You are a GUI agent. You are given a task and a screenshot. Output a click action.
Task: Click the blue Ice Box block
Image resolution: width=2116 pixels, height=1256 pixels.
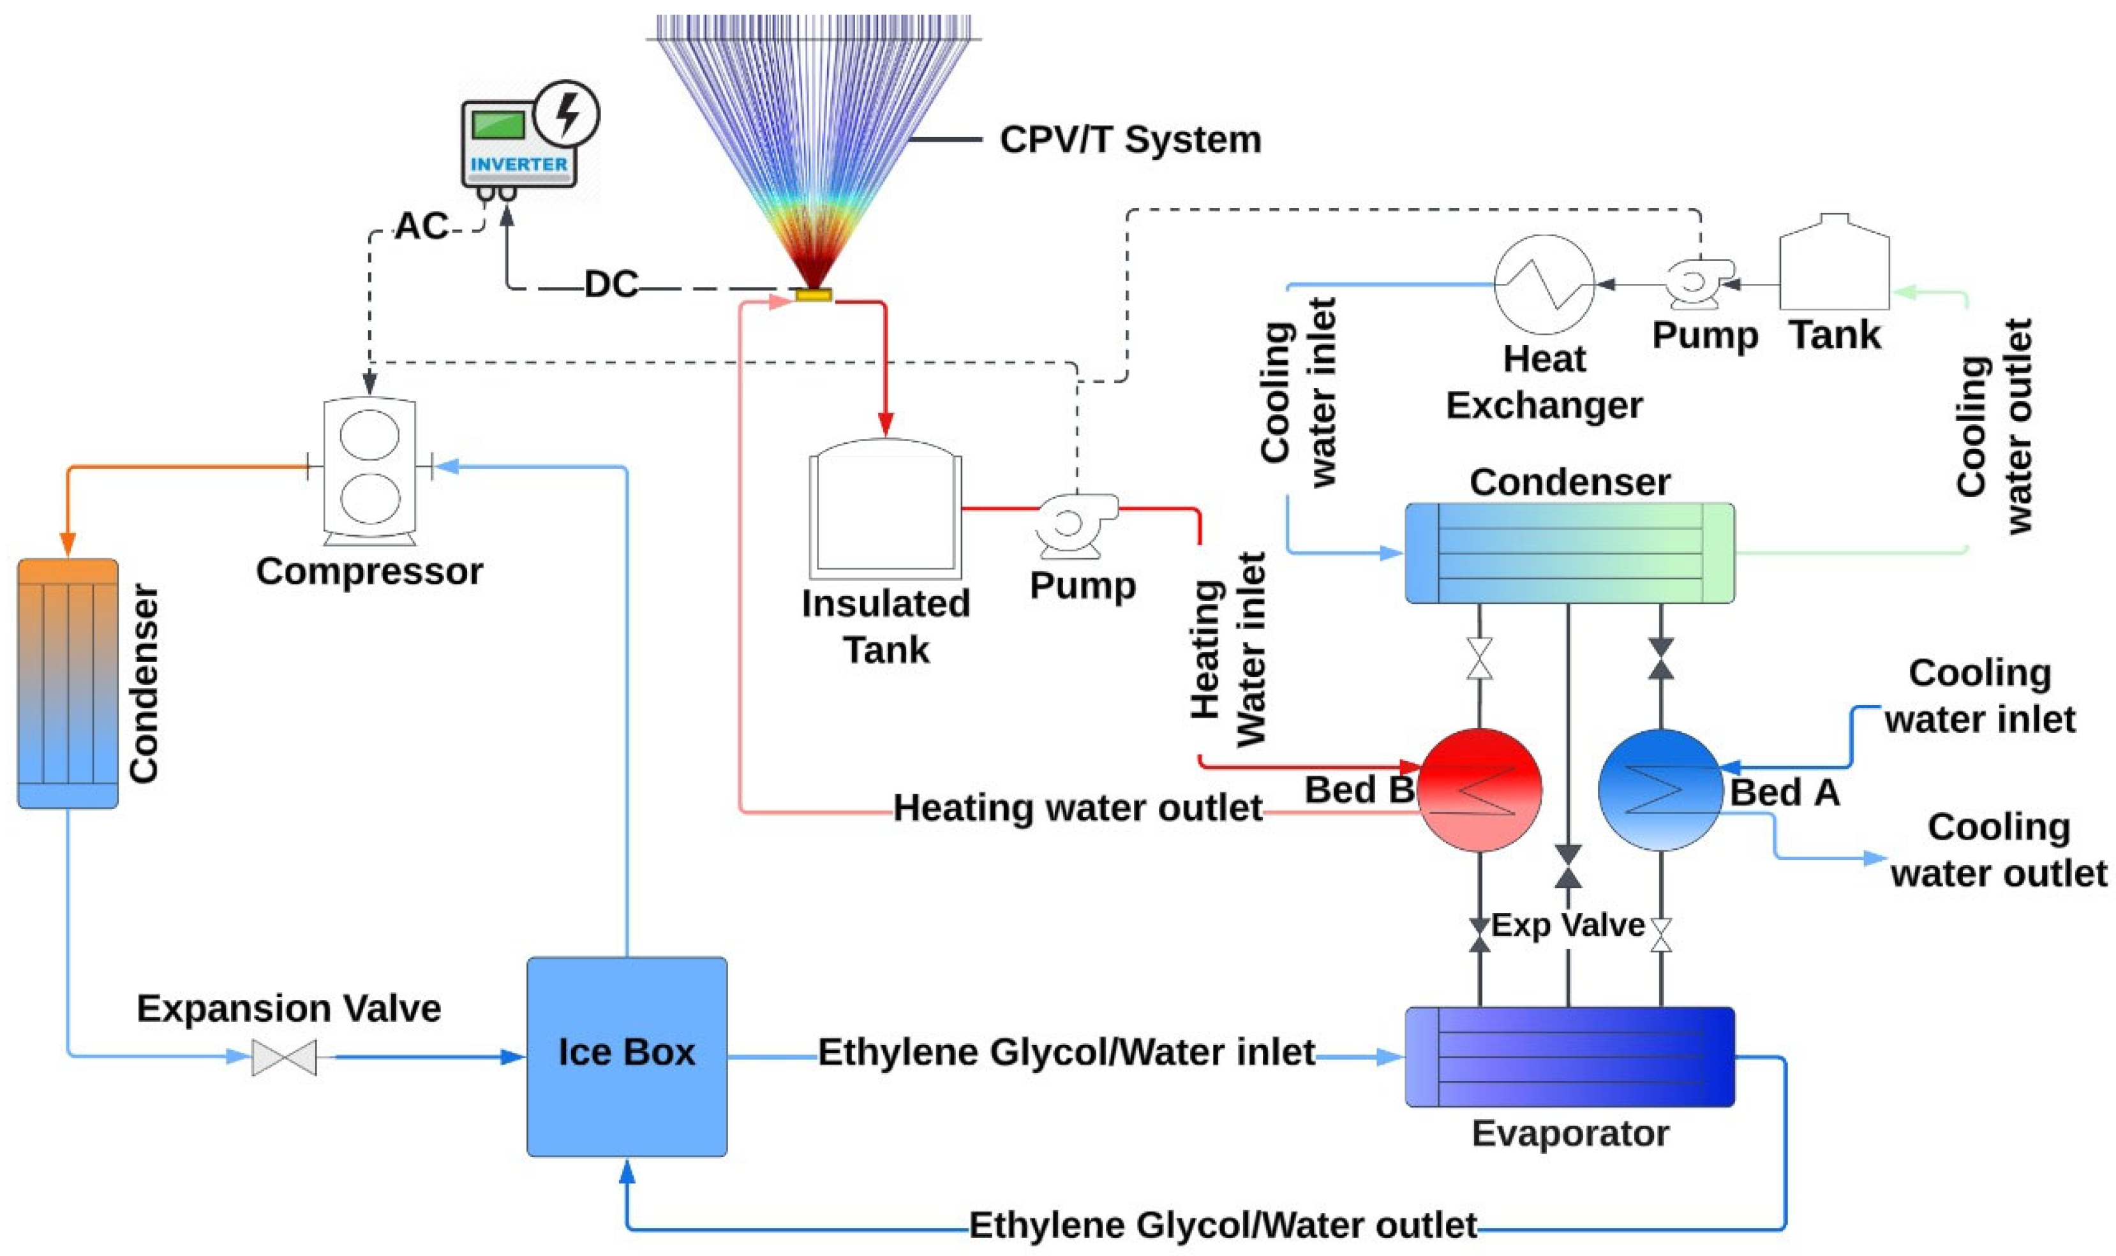[x=627, y=1056]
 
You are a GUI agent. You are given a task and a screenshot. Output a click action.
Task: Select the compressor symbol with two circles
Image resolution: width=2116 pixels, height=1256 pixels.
[x=370, y=469]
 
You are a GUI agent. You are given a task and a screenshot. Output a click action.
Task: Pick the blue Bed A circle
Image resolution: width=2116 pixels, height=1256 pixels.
[x=1660, y=789]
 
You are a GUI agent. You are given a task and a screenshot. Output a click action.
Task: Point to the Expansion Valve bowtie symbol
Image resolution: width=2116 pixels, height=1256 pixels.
[x=285, y=1057]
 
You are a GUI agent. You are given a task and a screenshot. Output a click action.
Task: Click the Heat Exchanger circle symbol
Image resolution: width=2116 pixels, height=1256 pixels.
[x=1543, y=284]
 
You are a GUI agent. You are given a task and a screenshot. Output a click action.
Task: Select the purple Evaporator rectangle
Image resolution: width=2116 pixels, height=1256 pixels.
[x=1569, y=1056]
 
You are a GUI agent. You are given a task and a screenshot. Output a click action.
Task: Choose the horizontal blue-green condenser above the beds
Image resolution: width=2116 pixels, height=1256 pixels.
[x=1569, y=552]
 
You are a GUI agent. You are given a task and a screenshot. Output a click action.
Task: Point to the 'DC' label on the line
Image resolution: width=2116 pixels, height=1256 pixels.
[x=610, y=284]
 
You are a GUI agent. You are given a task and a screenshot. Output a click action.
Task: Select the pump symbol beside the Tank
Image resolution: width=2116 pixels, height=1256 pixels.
[x=1696, y=283]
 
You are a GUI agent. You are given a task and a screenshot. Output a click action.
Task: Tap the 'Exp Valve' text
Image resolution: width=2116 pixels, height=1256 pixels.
[x=1567, y=924]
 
